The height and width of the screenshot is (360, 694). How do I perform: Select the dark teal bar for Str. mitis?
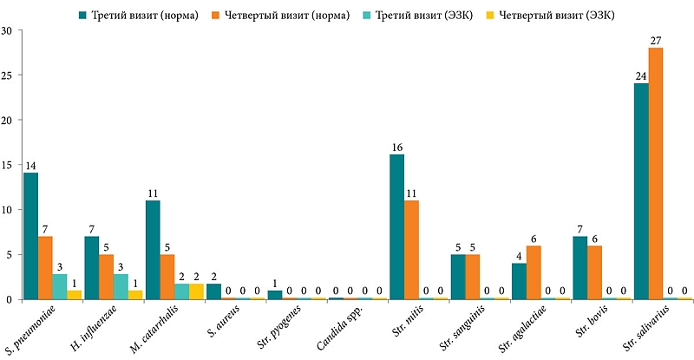click(x=396, y=227)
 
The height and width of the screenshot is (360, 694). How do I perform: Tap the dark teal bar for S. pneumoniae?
click(x=30, y=236)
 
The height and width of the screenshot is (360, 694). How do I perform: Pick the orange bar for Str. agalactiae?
click(x=534, y=272)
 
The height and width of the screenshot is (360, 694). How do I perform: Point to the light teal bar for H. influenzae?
click(x=121, y=287)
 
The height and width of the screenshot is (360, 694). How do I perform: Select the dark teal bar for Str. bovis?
click(x=579, y=268)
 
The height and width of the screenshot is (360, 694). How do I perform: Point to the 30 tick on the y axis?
click(x=6, y=30)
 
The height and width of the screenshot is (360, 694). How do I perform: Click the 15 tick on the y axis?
click(x=6, y=165)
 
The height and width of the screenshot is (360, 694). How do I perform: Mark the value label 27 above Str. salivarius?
click(x=656, y=40)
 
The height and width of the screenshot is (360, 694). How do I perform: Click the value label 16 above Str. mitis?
click(x=396, y=147)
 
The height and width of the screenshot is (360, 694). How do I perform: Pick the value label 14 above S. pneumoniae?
click(x=30, y=165)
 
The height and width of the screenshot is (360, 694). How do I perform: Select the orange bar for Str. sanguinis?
click(x=473, y=277)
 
